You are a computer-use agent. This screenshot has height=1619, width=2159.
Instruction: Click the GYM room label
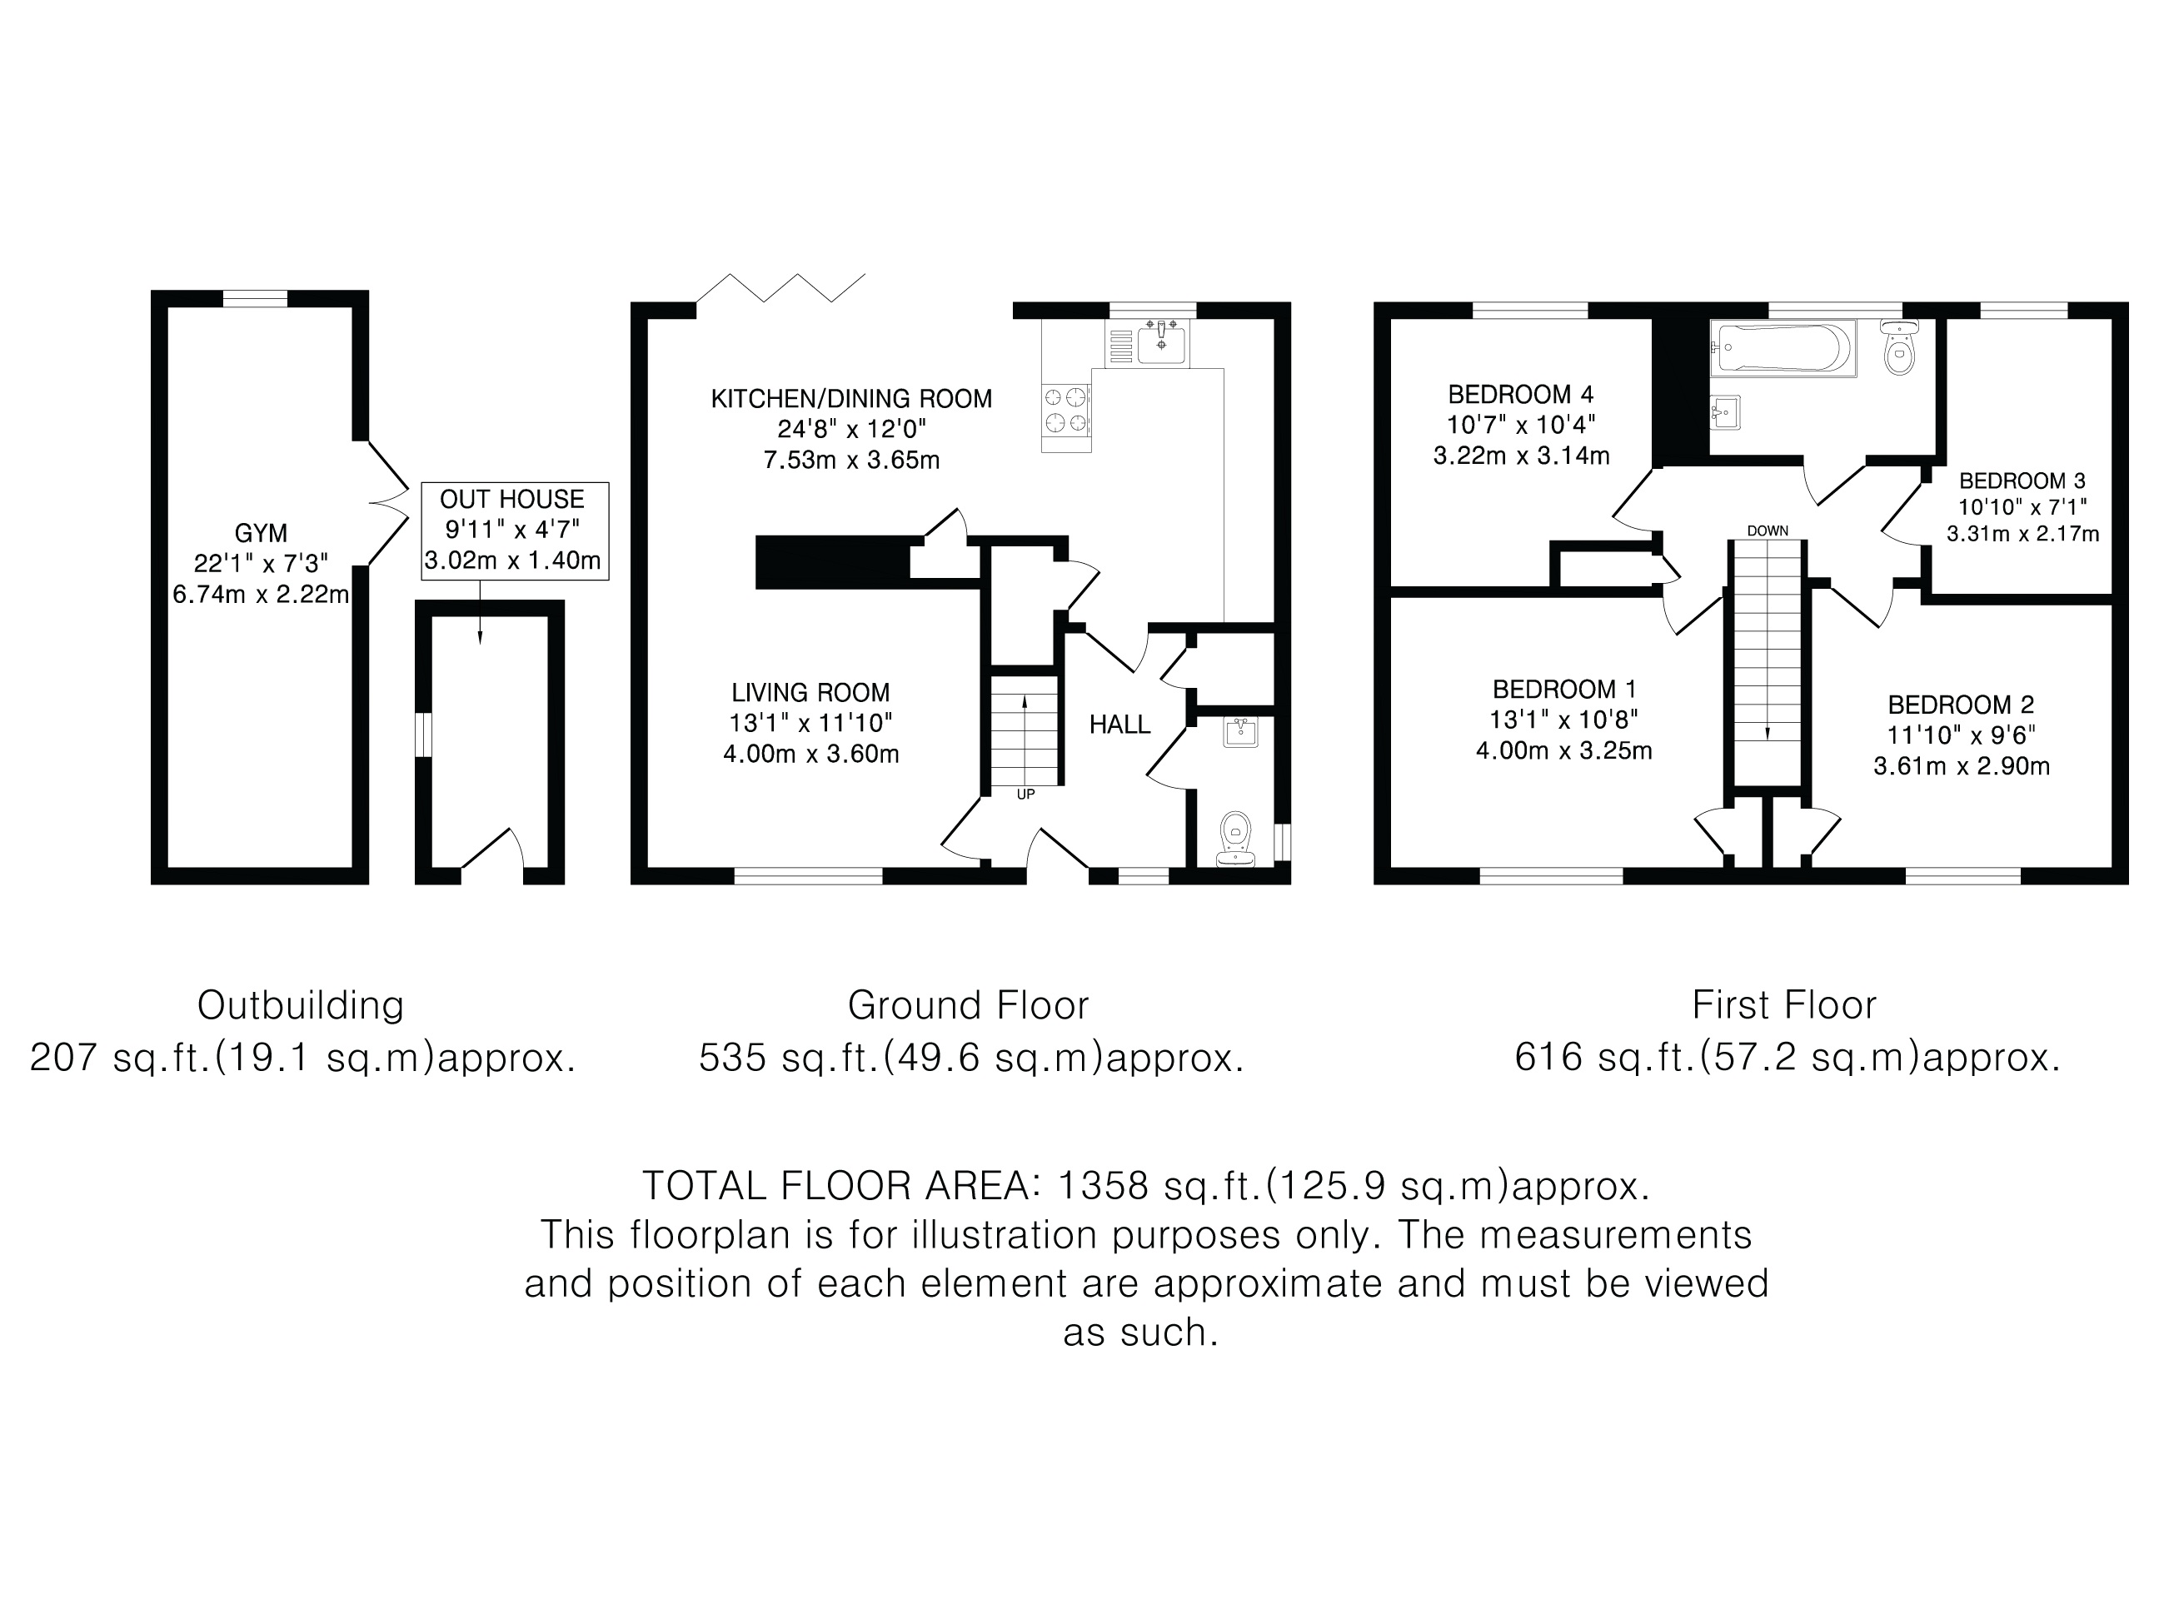point(261,534)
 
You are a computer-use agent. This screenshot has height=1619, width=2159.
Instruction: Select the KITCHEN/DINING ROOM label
point(851,399)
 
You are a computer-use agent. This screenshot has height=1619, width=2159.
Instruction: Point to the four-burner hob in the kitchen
point(1066,410)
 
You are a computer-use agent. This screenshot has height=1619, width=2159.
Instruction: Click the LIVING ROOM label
point(811,693)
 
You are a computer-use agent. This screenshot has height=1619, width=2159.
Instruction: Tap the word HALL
point(1119,724)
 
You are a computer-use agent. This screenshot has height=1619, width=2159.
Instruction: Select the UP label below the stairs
point(1025,795)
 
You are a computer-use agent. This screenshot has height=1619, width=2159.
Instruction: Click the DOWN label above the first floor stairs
point(1768,531)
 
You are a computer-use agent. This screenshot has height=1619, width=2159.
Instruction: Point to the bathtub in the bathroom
point(1783,347)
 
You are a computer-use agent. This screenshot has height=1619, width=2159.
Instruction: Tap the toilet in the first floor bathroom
point(1899,347)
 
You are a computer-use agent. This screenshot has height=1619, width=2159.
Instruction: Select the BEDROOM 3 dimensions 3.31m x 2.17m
point(2022,534)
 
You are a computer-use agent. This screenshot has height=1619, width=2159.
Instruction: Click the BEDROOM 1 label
point(1564,689)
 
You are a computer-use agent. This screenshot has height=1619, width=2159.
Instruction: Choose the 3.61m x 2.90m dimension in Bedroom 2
point(1961,766)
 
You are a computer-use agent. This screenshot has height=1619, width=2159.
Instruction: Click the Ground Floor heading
point(968,1005)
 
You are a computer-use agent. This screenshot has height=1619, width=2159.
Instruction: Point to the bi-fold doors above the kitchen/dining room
point(780,288)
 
